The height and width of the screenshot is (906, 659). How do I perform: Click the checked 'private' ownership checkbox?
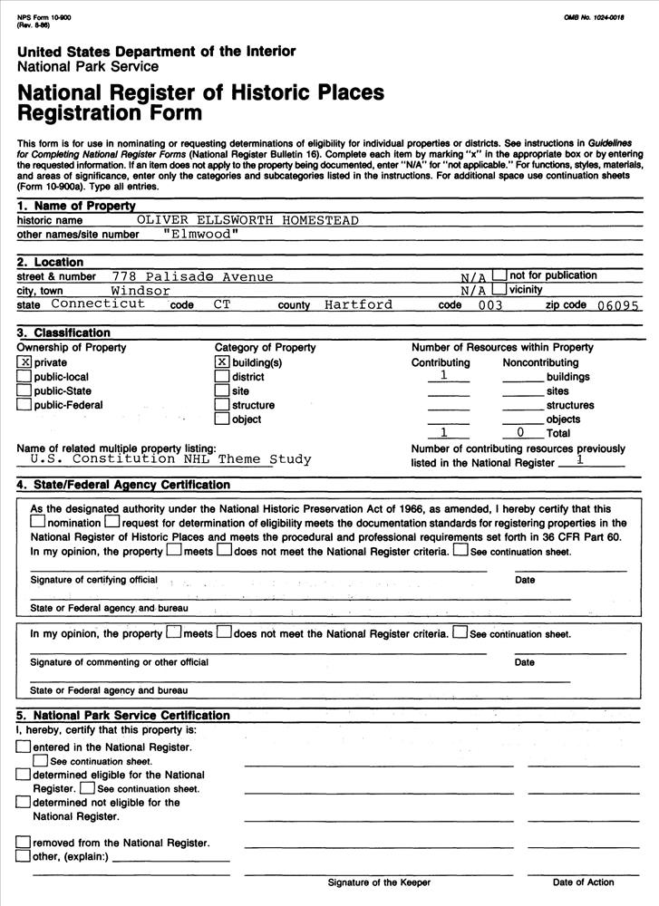(24, 362)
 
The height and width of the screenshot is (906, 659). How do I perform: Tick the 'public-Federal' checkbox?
(24, 405)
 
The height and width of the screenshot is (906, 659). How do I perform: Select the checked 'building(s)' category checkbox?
(222, 362)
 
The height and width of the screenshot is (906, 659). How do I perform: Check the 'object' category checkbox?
(222, 419)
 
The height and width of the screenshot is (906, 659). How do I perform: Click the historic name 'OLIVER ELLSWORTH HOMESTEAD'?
(247, 220)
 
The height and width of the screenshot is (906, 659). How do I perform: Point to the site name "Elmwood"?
(201, 234)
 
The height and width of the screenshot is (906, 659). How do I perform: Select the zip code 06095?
(618, 305)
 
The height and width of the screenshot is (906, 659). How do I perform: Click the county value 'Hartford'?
(358, 304)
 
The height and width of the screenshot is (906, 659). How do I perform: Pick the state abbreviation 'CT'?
(222, 304)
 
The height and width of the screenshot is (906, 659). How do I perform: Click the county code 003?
(489, 305)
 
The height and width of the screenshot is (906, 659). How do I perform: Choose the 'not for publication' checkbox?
(499, 275)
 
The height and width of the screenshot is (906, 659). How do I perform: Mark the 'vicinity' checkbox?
(499, 290)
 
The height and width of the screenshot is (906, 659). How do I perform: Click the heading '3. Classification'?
(63, 333)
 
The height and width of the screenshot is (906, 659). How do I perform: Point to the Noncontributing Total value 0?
(520, 433)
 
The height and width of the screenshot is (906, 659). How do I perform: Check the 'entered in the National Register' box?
(23, 747)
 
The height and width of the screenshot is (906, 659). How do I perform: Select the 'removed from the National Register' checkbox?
(23, 843)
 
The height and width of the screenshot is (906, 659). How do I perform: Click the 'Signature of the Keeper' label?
(379, 882)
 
